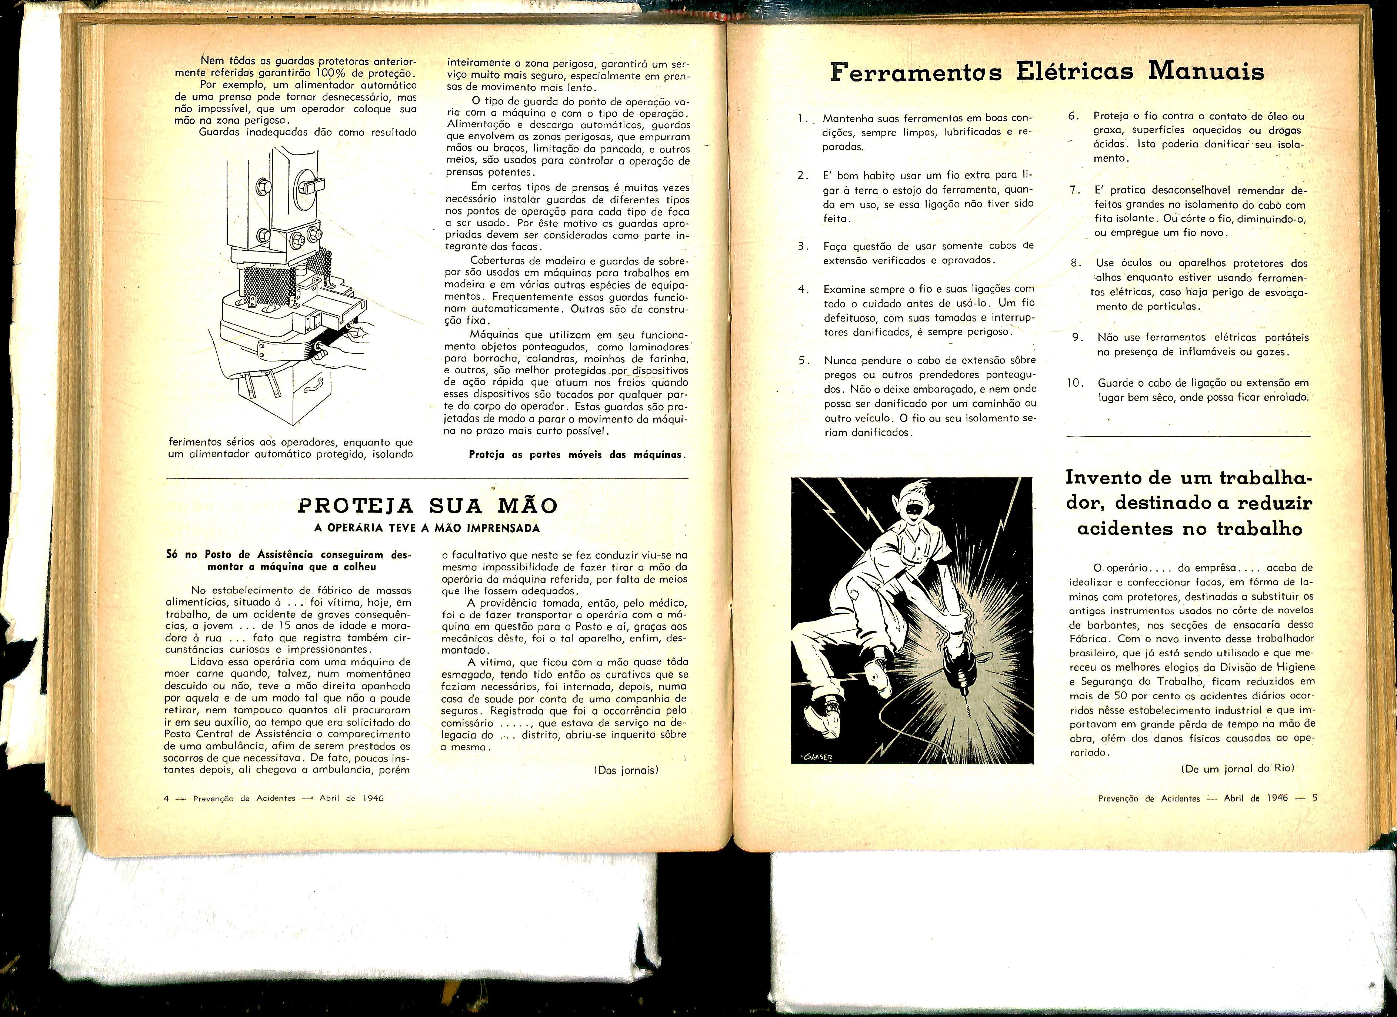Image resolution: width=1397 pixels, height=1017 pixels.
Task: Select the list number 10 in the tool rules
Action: coord(1075,383)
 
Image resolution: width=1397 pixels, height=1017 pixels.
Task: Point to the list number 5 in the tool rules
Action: coord(802,360)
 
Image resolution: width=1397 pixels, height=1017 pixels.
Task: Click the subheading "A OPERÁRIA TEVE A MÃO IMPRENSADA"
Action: coord(427,528)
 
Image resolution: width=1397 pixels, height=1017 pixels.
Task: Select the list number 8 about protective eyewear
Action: coord(1076,263)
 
